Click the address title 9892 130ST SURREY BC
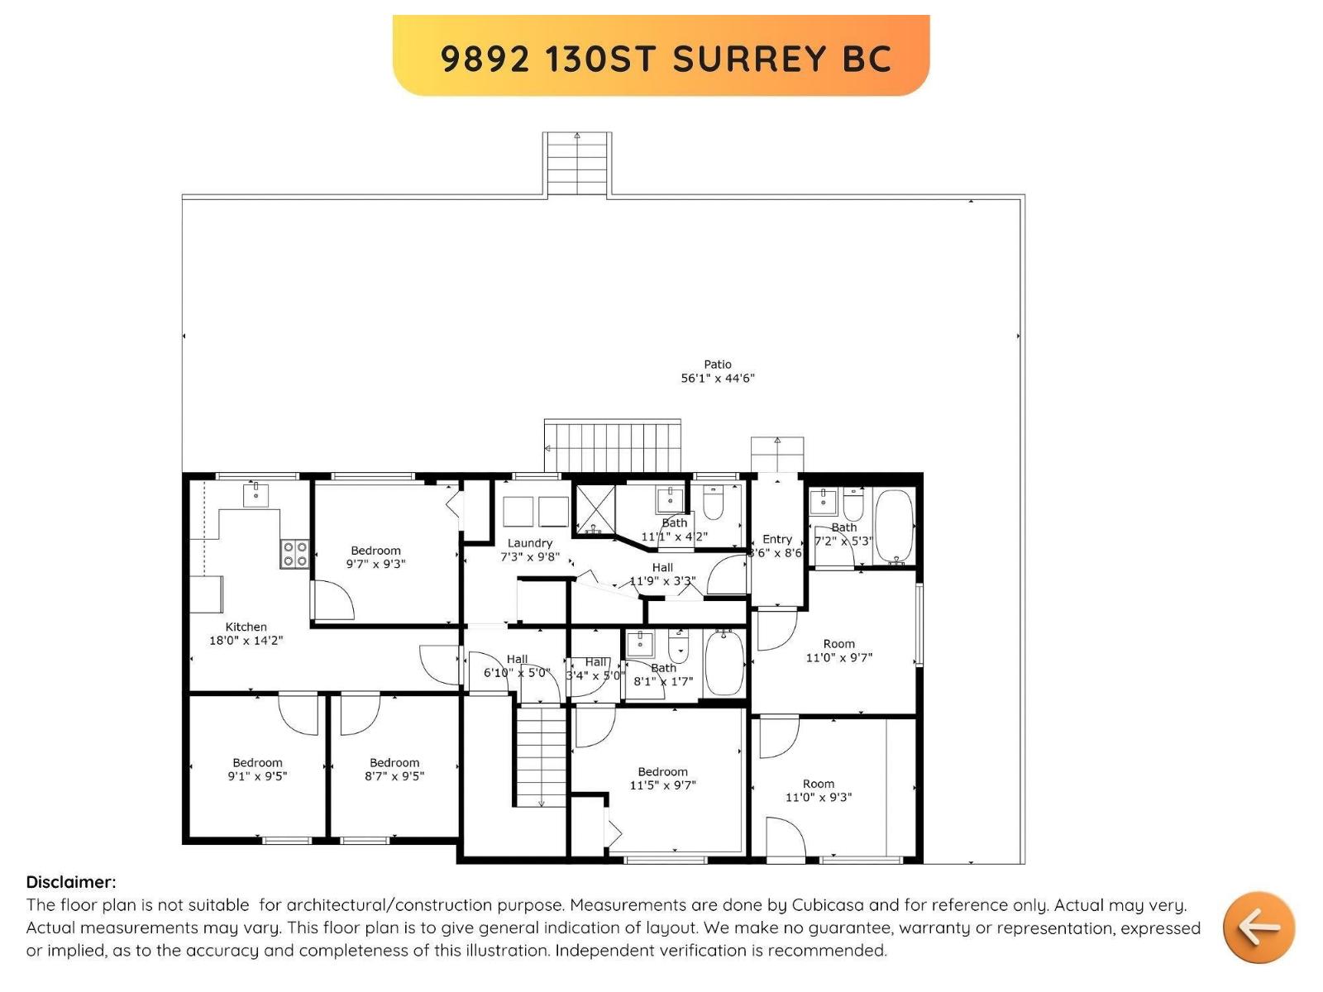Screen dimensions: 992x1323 (666, 59)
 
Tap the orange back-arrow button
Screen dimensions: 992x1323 (1259, 927)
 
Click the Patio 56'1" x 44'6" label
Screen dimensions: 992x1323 (717, 371)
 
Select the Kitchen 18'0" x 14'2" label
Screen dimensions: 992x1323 (246, 633)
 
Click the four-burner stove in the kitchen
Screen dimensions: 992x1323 (295, 554)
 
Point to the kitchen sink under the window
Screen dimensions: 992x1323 (256, 495)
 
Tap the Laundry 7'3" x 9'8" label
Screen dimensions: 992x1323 (530, 550)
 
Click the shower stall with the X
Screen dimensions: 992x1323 (595, 508)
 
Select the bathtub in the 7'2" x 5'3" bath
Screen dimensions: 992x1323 (894, 527)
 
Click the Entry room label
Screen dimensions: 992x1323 (776, 539)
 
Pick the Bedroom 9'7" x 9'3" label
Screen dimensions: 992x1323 (375, 557)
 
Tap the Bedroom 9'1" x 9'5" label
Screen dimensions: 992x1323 (257, 770)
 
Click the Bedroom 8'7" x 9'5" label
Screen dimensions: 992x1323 (394, 770)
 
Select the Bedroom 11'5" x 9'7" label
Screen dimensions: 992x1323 (662, 778)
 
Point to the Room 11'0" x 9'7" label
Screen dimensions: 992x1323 (838, 651)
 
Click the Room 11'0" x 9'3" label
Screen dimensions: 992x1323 (818, 790)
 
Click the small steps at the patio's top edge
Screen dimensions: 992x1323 (577, 163)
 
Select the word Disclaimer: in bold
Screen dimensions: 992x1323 (71, 882)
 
